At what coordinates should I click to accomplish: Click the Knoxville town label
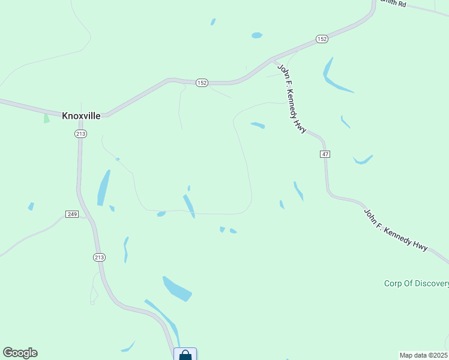tap(81, 115)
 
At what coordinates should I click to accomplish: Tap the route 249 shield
tap(72, 214)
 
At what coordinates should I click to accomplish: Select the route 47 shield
tap(325, 154)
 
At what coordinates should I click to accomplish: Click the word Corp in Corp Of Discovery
tap(394, 283)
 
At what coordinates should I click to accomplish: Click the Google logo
tap(20, 353)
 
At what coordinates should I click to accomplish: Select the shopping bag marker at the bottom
tap(185, 355)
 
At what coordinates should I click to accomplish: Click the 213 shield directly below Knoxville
tap(80, 134)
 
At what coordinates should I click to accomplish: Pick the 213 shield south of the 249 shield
tap(100, 257)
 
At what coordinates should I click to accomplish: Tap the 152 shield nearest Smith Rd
tap(322, 39)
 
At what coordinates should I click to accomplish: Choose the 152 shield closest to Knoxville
tap(202, 83)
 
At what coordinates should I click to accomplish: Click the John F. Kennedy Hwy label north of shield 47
tap(292, 98)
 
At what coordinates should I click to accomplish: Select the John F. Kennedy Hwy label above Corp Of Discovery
tap(396, 229)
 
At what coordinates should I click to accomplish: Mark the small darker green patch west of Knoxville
tap(46, 118)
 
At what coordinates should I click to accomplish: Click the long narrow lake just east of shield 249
tap(104, 188)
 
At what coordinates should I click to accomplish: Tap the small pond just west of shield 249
tap(31, 206)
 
